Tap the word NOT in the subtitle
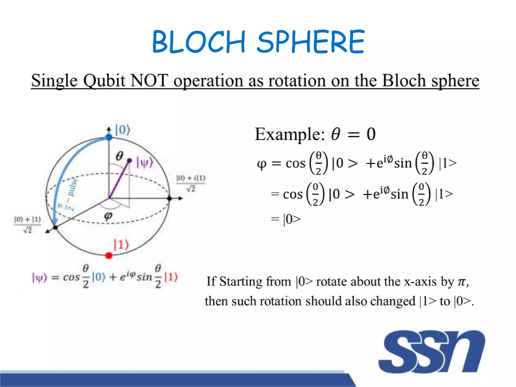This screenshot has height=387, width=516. (149, 81)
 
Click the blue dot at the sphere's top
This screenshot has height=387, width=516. (109, 137)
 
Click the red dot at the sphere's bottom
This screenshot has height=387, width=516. (109, 255)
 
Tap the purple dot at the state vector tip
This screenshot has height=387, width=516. (130, 160)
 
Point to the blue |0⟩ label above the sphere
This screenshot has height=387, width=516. (122, 130)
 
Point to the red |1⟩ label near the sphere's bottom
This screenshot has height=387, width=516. (121, 245)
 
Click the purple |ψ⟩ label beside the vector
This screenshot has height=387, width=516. (145, 162)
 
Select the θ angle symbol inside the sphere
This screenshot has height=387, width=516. (119, 156)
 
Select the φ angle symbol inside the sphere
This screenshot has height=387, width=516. (108, 216)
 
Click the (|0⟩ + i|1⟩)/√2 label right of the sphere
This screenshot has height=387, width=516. (191, 183)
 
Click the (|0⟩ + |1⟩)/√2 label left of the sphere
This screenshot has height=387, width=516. (27, 224)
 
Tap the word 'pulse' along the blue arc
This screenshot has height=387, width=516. (73, 187)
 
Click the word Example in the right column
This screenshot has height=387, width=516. (289, 134)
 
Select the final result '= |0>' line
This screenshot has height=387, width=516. (286, 219)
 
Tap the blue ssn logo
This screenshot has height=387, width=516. (431, 352)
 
